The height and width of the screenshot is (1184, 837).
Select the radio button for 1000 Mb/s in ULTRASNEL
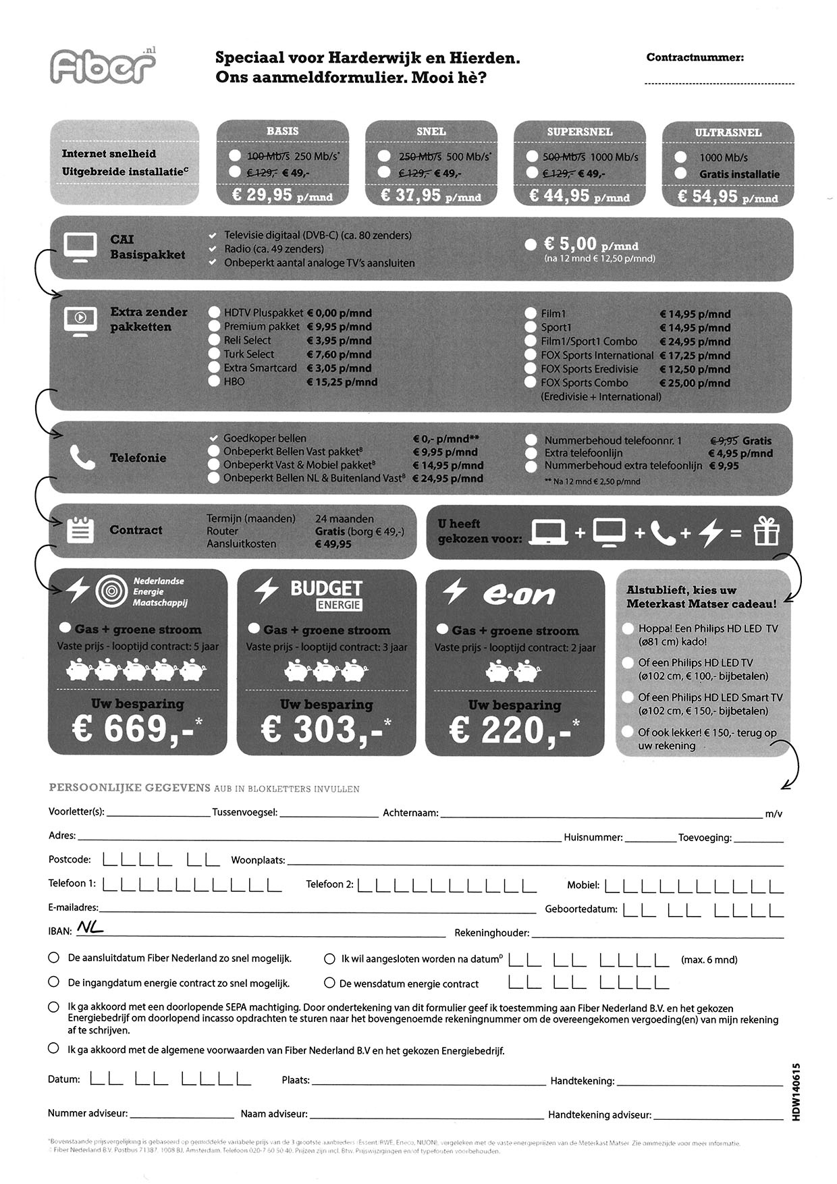681,157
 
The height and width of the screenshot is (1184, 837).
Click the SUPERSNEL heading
579,132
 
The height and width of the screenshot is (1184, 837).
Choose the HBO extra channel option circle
214,381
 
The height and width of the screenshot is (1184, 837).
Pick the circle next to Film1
531,313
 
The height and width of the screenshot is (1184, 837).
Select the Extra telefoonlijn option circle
532,453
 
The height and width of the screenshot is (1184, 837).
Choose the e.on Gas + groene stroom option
443,629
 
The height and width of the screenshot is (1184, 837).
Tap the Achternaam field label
410,813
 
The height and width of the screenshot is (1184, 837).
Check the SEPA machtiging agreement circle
53,1007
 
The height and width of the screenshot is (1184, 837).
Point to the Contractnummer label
695,58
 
